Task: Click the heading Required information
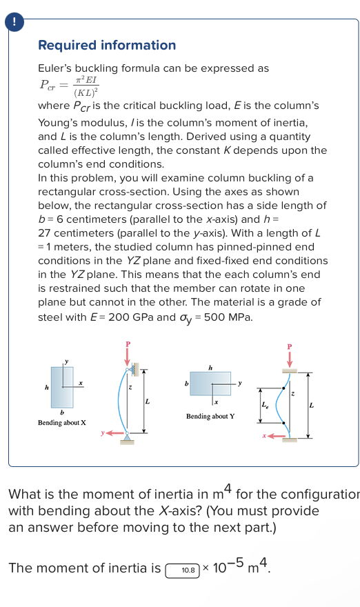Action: [107, 46]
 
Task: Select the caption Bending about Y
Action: [210, 417]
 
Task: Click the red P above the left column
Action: [127, 344]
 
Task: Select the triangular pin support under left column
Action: [128, 437]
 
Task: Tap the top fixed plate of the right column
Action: [290, 370]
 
